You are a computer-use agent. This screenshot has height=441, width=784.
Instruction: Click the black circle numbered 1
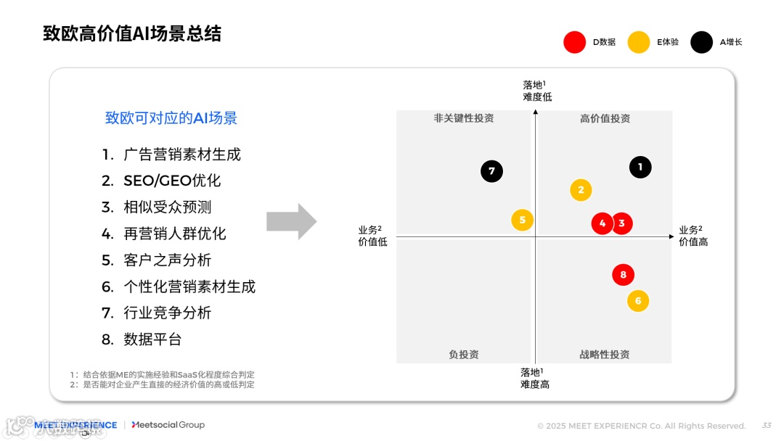[640, 168]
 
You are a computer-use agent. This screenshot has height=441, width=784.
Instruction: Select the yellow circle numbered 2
[581, 190]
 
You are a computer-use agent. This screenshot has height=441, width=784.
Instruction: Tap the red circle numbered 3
[621, 223]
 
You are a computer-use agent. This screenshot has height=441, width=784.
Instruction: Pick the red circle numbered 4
[602, 223]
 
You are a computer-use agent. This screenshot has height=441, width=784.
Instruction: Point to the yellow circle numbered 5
[522, 220]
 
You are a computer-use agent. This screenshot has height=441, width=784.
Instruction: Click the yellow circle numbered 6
[638, 301]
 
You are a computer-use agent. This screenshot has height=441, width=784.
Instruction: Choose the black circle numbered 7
[491, 171]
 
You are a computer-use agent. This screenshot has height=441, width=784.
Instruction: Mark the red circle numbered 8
[623, 275]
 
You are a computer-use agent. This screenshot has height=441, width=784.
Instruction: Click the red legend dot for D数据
[574, 42]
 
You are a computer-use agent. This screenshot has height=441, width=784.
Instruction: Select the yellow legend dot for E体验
[639, 42]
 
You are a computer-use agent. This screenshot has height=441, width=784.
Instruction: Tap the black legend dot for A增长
[701, 42]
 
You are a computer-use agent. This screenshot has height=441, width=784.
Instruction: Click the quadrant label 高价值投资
[605, 119]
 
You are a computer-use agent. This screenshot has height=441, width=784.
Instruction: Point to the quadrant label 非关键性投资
[464, 118]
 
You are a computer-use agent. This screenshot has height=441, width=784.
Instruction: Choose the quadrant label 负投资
[464, 355]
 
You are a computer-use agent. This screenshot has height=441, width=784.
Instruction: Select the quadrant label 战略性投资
[605, 355]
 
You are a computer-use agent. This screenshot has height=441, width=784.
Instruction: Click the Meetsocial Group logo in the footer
[168, 425]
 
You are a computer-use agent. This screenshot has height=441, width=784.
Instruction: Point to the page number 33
[767, 426]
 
